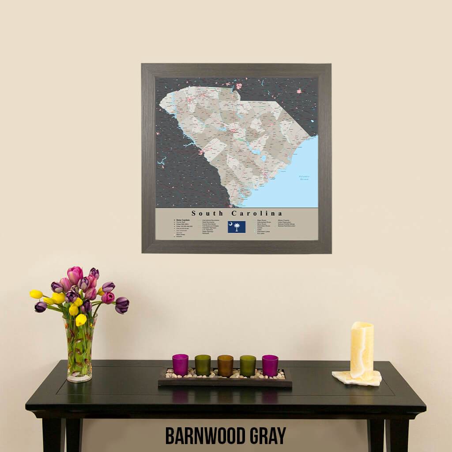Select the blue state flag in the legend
[x=237, y=227]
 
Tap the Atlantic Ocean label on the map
[x=304, y=178]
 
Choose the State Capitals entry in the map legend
[x=183, y=220]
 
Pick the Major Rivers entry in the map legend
[x=261, y=220]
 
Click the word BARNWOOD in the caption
[x=205, y=436]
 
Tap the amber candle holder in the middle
[x=225, y=365]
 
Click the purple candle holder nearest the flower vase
[x=180, y=365]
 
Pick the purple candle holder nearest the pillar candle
[x=270, y=365]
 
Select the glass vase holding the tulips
[x=80, y=349]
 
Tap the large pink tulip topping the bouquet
[x=75, y=275]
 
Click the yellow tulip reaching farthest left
[x=36, y=294]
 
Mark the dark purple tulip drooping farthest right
[x=122, y=305]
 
